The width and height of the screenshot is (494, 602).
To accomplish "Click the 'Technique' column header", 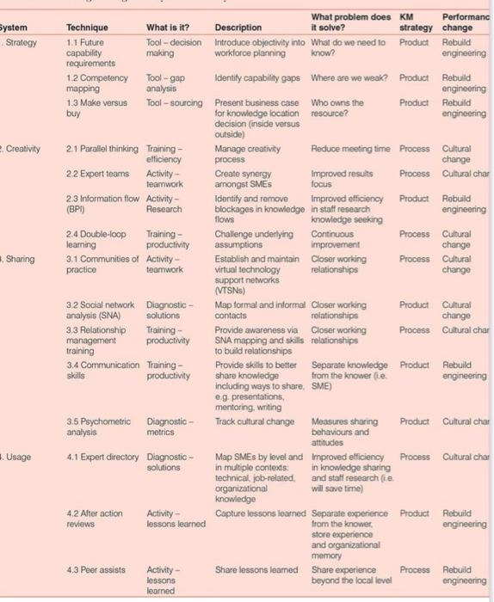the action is pyautogui.click(x=87, y=28).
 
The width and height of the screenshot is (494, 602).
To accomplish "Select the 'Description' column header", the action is pyautogui.click(x=238, y=28).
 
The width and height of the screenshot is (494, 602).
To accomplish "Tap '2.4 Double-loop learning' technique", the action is pyautogui.click(x=96, y=239).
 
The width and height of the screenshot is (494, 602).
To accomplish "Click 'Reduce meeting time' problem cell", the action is pyautogui.click(x=350, y=149).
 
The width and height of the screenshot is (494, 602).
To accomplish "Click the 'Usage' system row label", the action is pyautogui.click(x=19, y=457).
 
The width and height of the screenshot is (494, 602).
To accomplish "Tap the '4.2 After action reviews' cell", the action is pyautogui.click(x=95, y=519).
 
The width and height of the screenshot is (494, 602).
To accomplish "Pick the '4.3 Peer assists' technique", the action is pyautogui.click(x=94, y=570).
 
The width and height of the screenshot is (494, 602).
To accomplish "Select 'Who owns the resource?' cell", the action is pyautogui.click(x=336, y=107).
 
